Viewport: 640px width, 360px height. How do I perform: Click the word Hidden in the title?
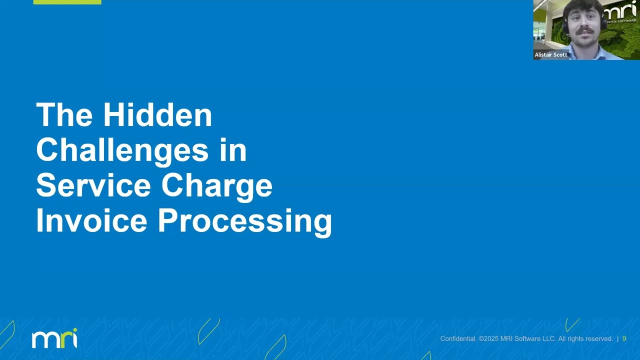157,115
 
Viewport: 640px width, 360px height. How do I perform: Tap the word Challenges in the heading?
122,150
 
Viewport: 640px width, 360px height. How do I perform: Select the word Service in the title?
93,185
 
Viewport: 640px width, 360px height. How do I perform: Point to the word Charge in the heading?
216,185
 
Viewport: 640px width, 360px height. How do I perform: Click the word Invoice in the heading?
91,221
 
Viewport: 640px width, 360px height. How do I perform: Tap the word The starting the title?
64,115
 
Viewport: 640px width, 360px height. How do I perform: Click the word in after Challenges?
233,150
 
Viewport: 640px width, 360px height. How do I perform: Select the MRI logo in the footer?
54,338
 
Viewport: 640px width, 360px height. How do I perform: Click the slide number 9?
624,339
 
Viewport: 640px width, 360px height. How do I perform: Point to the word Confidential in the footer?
458,339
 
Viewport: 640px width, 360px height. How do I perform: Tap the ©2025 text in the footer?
488,339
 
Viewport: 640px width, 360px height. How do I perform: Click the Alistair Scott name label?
551,55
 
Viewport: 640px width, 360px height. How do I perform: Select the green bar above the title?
67,2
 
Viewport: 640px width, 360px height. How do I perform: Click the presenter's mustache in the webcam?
583,31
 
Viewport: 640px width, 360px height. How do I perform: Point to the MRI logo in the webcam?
620,11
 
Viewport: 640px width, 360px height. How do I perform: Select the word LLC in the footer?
549,339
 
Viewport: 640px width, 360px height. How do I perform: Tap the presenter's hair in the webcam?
582,6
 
